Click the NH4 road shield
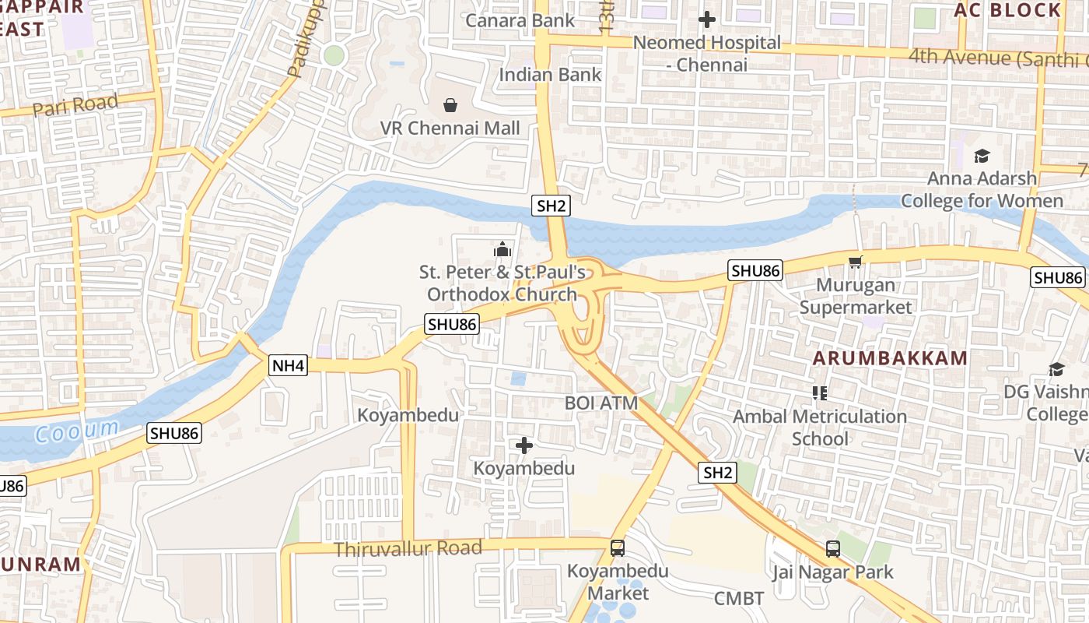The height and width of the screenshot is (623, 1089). (x=289, y=365)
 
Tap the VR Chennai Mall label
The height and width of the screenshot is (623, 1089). (x=450, y=128)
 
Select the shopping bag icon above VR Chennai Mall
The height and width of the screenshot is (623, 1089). (x=450, y=104)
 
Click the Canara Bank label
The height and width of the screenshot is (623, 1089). (x=520, y=20)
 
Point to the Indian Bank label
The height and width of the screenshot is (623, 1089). (x=550, y=75)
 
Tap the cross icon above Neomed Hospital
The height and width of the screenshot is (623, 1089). (x=706, y=19)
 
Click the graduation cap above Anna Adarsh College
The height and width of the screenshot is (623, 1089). (x=981, y=157)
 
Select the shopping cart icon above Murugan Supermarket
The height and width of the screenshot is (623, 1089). (x=856, y=262)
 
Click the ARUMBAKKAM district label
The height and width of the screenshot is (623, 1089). (x=891, y=358)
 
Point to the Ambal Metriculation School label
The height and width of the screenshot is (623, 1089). (x=820, y=428)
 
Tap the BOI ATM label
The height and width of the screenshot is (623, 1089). (x=601, y=403)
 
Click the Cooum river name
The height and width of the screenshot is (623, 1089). (x=77, y=430)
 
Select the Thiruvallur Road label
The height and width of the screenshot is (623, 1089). (x=408, y=548)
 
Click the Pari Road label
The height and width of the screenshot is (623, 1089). (x=75, y=104)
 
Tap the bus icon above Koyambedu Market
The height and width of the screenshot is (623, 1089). (x=618, y=548)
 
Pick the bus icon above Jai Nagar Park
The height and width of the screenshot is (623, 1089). (x=832, y=548)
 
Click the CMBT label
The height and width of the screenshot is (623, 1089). (x=739, y=598)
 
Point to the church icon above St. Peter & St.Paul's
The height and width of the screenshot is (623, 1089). (x=502, y=249)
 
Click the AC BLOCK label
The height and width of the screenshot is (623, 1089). (x=1007, y=10)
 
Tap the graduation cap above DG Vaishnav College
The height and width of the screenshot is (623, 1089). (x=1056, y=369)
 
